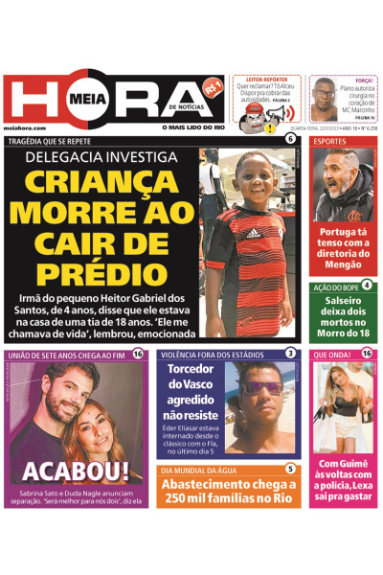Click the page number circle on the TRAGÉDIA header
coord(290,140)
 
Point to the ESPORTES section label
coord(331,142)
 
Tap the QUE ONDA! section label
coord(332,355)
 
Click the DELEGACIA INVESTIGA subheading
coord(101,155)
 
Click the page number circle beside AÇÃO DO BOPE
coord(366,285)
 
